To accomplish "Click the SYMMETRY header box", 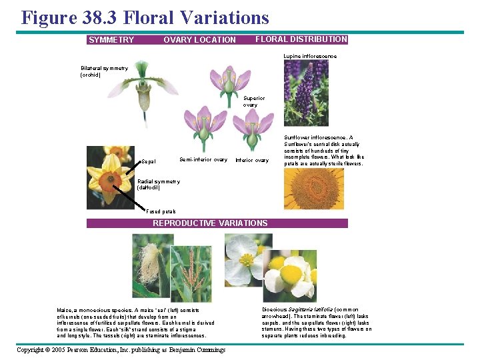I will click(111, 40).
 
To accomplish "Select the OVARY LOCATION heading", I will click(199, 40).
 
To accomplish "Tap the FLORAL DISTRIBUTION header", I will click(301, 39).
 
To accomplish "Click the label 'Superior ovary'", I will click(254, 101).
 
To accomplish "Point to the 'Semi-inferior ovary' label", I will click(203, 159).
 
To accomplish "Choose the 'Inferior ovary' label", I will click(252, 160).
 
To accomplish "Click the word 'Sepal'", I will click(149, 161).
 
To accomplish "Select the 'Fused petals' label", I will click(161, 211).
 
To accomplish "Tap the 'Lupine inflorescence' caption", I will click(310, 56).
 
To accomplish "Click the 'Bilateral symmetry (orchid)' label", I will click(105, 71).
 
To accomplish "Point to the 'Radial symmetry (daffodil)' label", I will click(159, 185).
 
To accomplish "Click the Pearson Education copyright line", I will click(121, 349).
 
